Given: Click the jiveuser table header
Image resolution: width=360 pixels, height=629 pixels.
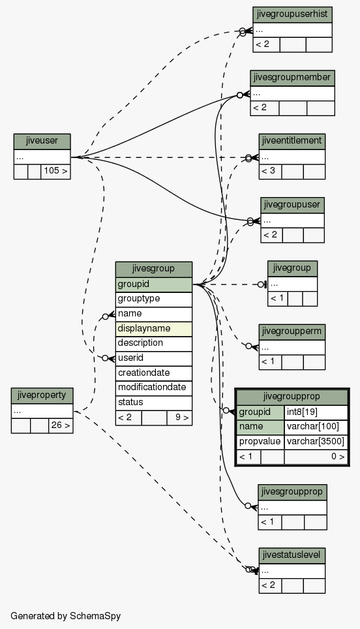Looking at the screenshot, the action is tap(42, 142).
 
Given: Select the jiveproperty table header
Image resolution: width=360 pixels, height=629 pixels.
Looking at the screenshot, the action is tap(42, 395).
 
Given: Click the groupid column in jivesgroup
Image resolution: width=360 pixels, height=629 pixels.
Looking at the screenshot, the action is tap(153, 284).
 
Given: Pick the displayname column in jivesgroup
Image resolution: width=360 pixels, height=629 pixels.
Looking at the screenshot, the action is tap(153, 329).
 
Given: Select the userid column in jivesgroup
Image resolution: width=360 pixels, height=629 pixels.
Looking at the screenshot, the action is tap(153, 358).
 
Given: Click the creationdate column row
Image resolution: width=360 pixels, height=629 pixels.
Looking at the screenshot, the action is tap(153, 373).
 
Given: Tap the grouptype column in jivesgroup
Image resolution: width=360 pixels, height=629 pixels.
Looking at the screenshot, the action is tap(153, 299).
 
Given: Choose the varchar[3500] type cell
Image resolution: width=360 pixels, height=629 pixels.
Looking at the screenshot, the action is tap(316, 442).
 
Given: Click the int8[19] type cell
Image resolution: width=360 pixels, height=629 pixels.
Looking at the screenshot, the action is tap(316, 412).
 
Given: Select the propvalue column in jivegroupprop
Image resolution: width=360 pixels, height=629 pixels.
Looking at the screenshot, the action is tap(260, 442).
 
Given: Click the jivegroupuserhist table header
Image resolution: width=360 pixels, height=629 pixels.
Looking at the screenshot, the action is tap(292, 15).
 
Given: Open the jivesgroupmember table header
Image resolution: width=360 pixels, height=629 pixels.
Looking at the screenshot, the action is tap(292, 78).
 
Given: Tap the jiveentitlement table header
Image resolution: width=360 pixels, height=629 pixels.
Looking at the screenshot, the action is tap(292, 142).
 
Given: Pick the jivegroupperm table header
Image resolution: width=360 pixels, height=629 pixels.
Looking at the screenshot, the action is tap(292, 332).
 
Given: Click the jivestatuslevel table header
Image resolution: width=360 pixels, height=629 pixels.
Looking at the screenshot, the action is tap(292, 555).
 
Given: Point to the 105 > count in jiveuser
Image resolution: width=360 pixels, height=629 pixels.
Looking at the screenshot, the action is tap(55, 172).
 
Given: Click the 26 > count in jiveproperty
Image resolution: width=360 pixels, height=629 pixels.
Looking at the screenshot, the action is tap(61, 425).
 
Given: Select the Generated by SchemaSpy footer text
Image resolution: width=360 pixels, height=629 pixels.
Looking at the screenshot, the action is tap(65, 616).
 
